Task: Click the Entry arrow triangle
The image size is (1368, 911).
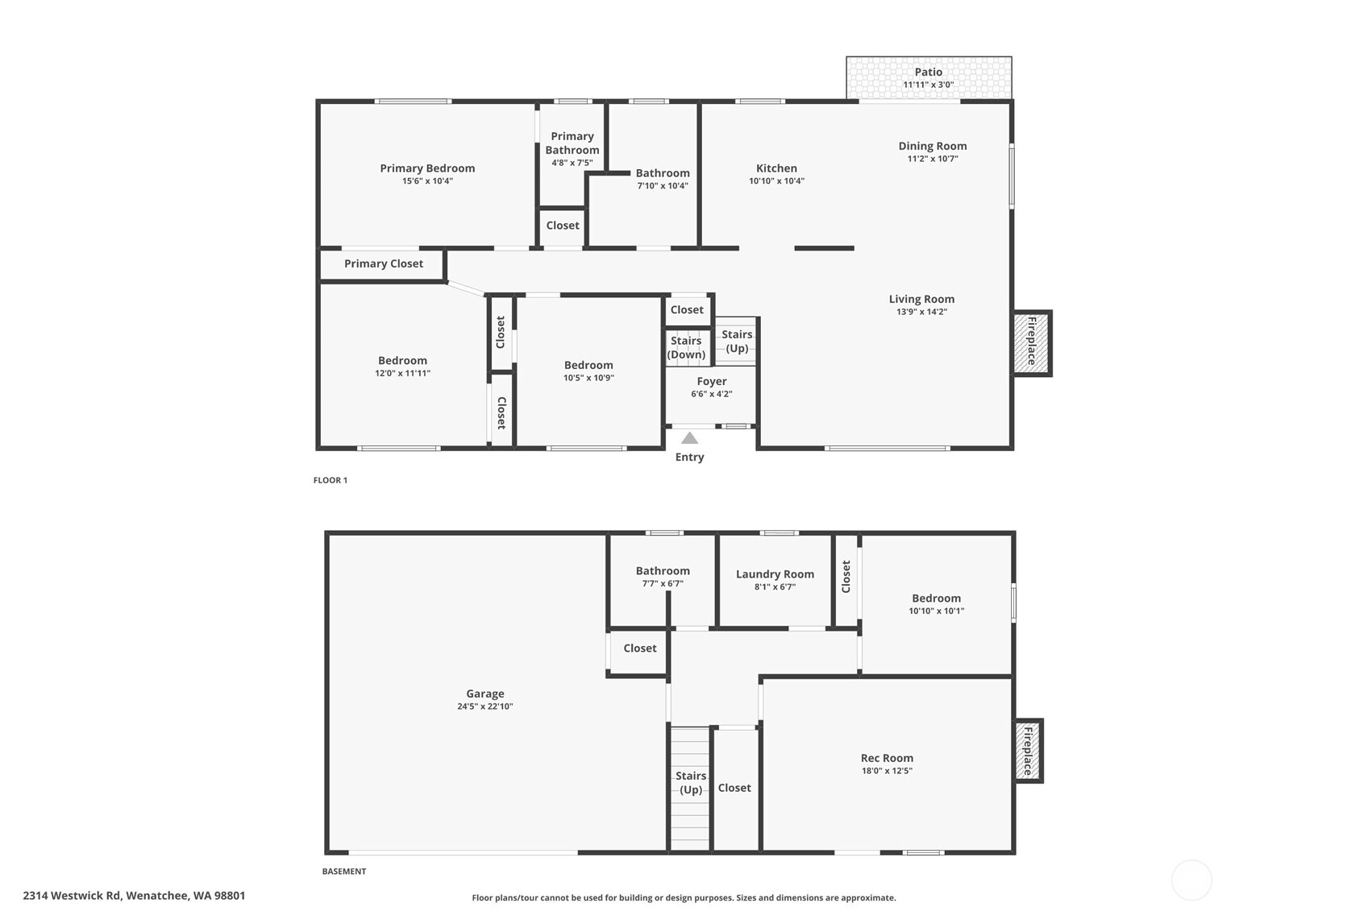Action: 689,438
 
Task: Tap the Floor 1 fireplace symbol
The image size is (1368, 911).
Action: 1031,342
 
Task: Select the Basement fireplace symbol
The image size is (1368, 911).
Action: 1028,751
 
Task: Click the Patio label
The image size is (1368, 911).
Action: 928,72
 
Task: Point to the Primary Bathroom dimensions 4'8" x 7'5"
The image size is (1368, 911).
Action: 572,163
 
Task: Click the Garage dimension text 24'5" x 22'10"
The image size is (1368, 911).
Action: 484,706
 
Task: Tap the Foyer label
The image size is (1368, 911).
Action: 711,381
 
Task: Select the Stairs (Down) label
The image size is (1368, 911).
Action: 686,347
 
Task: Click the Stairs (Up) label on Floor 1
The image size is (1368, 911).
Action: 737,341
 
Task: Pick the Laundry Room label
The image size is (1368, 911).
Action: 775,574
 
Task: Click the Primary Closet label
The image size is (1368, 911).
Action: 383,263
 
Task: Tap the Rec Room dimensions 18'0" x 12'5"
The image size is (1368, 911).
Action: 887,771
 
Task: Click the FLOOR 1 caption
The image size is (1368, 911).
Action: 331,480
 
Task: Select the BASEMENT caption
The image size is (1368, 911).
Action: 344,871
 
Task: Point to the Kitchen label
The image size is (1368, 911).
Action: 776,168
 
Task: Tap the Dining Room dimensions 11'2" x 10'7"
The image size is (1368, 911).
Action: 933,159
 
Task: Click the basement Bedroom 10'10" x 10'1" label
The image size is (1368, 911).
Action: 936,598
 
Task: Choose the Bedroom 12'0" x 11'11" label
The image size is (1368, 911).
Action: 402,361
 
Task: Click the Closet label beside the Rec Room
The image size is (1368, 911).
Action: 734,788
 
